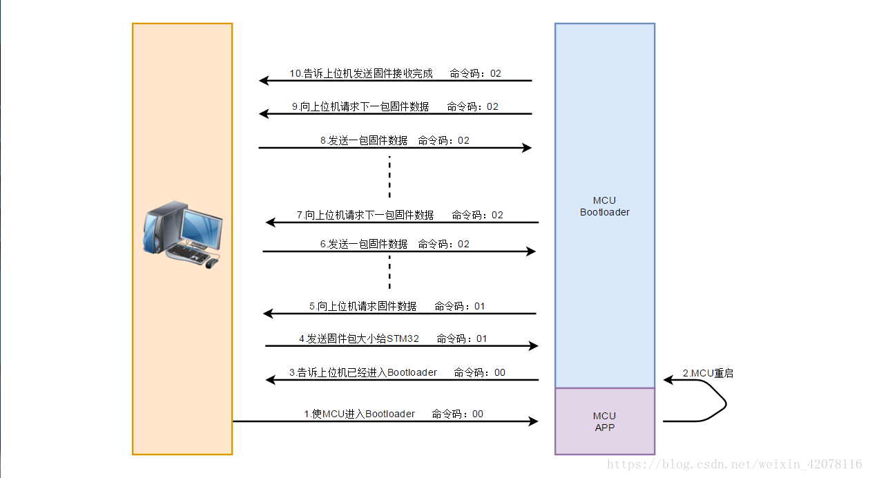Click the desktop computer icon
coord(183,235)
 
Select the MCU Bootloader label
coord(604,207)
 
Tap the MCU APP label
coord(604,421)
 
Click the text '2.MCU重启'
coord(708,374)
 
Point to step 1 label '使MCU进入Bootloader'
coord(360,414)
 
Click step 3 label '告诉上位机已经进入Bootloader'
coord(363,372)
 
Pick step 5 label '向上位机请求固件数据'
coord(363,306)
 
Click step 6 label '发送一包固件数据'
coord(364,244)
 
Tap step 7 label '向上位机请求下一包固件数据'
coord(365,215)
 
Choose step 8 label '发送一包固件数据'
coord(364,140)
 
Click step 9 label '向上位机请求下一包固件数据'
coord(360,106)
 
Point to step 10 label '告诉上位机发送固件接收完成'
coord(361,73)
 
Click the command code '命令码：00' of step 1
coord(458,414)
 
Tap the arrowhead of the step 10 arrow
coord(264,81)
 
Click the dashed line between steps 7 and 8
coord(389,177)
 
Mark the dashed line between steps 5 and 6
coord(389,271)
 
